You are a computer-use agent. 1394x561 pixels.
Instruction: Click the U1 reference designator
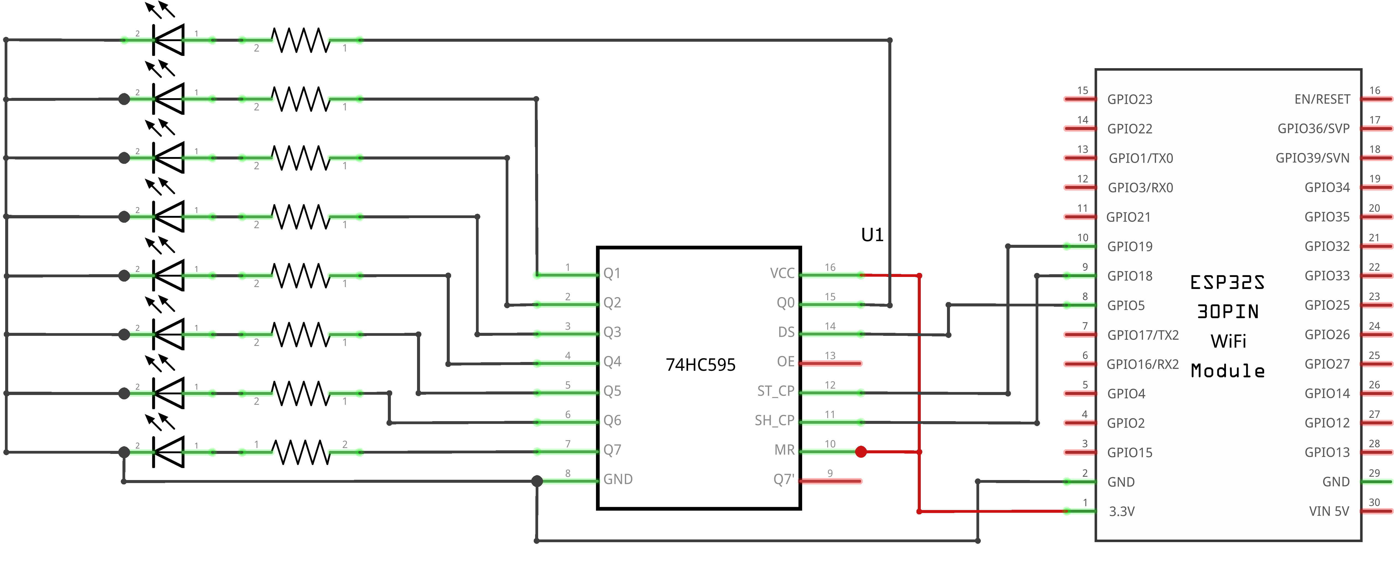click(x=872, y=235)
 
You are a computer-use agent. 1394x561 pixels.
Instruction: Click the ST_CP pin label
click(x=775, y=391)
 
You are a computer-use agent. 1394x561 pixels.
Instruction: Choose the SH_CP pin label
click(x=774, y=420)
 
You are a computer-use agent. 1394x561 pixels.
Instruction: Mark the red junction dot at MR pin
click(x=861, y=452)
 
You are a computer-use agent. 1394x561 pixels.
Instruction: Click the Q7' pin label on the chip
click(x=784, y=479)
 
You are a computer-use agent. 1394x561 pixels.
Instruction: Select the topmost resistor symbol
click(x=300, y=40)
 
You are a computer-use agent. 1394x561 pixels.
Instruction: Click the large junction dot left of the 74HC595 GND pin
click(x=537, y=481)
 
